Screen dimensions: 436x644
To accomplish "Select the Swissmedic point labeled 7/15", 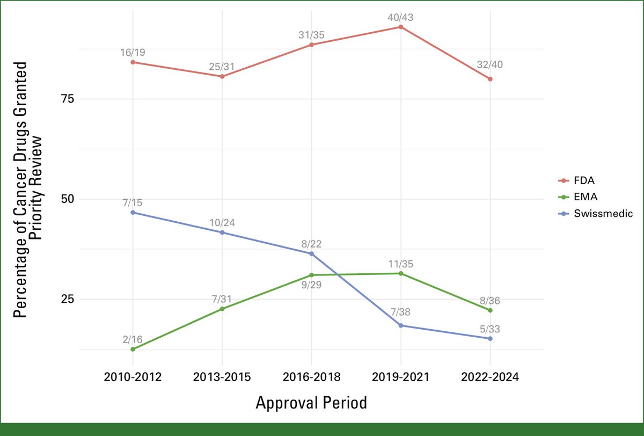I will [x=133, y=213].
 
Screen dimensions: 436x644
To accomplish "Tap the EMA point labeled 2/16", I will [x=133, y=349].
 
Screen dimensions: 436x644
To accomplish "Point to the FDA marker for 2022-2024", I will [x=490, y=79].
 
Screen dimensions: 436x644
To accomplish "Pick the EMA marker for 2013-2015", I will [x=222, y=309].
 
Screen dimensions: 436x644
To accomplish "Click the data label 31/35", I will [x=311, y=35].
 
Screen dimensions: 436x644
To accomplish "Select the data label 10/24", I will [x=222, y=222].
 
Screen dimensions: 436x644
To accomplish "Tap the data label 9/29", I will [x=311, y=285].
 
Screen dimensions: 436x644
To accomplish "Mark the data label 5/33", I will [x=490, y=329].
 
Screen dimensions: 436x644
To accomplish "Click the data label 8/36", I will [x=490, y=301].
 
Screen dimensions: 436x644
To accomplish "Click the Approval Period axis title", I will [x=311, y=403].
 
